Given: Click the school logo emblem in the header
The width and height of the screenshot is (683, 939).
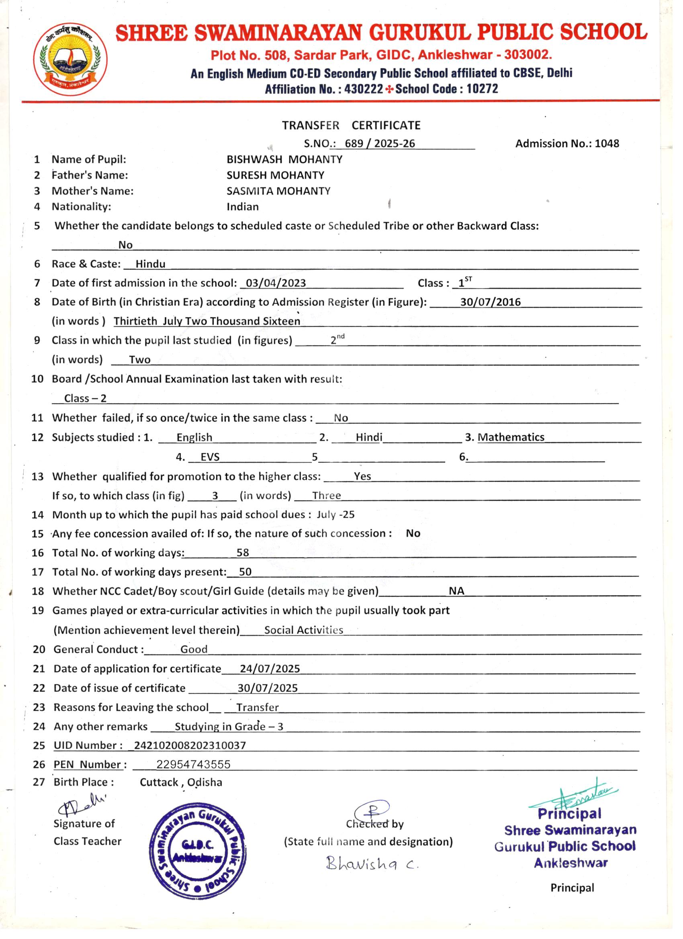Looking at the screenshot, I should tap(70, 59).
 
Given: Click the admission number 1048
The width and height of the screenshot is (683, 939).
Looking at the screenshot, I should tap(607, 144).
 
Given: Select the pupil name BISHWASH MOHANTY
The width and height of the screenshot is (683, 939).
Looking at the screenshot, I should tap(284, 159).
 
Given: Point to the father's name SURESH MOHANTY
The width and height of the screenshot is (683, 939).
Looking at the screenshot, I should tap(275, 175).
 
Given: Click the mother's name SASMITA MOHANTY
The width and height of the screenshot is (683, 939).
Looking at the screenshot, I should tap(278, 191).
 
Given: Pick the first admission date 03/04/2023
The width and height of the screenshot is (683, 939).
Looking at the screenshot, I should tap(276, 283).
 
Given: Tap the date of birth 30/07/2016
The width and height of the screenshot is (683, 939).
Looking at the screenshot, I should tap(491, 302).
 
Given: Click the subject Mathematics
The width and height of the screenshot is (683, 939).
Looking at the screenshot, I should tap(511, 437).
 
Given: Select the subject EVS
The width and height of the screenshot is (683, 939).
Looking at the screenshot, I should tap(210, 457).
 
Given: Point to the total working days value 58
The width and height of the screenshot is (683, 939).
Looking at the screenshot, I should tap(243, 553).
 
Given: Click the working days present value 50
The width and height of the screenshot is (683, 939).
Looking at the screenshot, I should tap(245, 572).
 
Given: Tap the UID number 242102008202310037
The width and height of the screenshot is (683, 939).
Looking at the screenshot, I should tap(190, 745).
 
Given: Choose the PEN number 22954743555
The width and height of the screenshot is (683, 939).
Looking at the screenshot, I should tap(193, 764).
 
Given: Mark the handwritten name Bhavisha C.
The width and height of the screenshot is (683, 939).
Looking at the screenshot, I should tap(372, 863).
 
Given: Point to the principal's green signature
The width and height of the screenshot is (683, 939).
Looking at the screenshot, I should tap(574, 796).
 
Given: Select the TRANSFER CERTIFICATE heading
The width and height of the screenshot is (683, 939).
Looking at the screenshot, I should tap(351, 125).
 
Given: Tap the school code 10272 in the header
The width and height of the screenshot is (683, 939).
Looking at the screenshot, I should tap(482, 89).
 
